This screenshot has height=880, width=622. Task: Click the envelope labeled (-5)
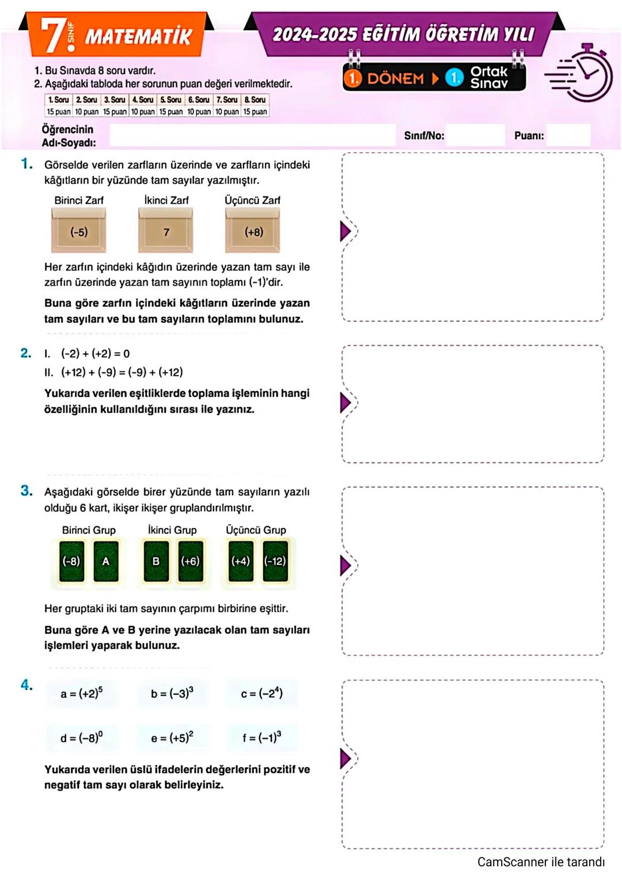tap(79, 231)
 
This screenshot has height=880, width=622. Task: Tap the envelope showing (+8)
tap(253, 231)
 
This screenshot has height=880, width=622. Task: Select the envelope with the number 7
tap(166, 231)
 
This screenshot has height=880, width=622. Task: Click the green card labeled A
tap(105, 561)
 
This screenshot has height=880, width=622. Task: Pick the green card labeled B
tap(156, 561)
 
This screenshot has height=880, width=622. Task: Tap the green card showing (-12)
tap(275, 561)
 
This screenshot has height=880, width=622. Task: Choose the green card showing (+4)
tap(241, 561)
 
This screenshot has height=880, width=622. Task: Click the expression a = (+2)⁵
tap(82, 693)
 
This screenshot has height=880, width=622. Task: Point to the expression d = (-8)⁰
tap(82, 738)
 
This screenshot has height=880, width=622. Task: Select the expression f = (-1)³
tap(262, 738)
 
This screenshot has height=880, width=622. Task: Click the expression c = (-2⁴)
tap(262, 693)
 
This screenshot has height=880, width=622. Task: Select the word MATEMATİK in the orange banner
tap(138, 37)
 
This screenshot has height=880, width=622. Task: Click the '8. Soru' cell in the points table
tap(255, 100)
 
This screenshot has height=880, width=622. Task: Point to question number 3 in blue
tap(26, 491)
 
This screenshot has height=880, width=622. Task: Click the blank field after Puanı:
tap(568, 135)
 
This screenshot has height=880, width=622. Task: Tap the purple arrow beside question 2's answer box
tap(345, 403)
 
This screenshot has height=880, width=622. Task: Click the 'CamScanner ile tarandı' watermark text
tap(541, 862)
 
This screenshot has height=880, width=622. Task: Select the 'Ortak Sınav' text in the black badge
tap(489, 77)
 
